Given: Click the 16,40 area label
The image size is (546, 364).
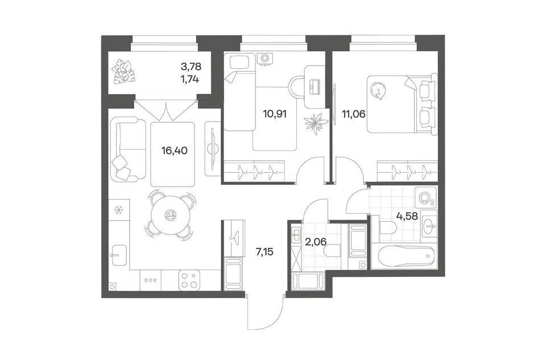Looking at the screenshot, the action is [174, 151].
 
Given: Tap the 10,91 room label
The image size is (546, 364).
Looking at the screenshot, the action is [275, 114].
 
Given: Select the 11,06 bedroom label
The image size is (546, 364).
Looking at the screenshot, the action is [354, 114].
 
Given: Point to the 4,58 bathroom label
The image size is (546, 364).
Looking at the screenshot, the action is [407, 216].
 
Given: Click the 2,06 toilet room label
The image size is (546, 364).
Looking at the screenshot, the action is [316, 241].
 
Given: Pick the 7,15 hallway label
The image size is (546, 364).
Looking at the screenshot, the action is [264, 251].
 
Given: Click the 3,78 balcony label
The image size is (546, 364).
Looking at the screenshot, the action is [191, 66].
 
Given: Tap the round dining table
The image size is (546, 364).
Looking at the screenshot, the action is [171, 215].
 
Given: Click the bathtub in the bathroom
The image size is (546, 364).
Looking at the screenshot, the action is [406, 256].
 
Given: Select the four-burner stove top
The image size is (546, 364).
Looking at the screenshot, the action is [189, 280].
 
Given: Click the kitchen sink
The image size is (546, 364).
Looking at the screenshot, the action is [118, 255].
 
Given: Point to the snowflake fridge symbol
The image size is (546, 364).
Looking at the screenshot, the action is [119, 210].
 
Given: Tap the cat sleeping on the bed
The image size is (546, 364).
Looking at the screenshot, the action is [377, 90].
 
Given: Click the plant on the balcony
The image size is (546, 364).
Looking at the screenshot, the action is [123, 72].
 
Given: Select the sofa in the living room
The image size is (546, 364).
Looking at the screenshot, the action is [128, 149].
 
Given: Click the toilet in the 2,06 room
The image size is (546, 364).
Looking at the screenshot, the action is [333, 251].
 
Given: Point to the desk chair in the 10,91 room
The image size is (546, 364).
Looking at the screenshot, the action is [296, 86].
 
